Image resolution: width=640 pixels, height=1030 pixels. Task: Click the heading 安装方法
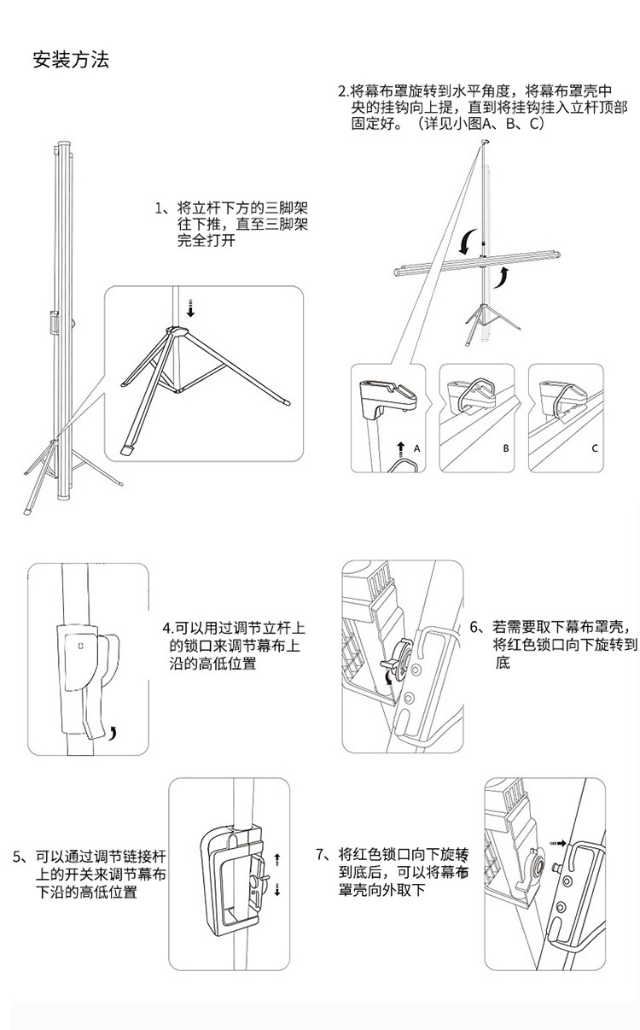(x=71, y=61)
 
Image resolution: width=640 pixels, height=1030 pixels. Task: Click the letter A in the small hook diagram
(x=416, y=448)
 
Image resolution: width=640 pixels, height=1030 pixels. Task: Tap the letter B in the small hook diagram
(x=506, y=448)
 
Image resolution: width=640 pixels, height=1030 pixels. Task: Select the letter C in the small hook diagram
(x=595, y=448)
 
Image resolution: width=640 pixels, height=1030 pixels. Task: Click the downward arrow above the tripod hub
(x=190, y=308)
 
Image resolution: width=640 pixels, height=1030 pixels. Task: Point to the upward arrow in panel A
(x=401, y=449)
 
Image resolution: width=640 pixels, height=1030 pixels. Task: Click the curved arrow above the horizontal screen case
(x=468, y=242)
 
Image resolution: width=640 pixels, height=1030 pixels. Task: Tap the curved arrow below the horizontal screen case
(x=501, y=277)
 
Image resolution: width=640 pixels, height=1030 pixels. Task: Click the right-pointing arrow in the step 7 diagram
(x=558, y=844)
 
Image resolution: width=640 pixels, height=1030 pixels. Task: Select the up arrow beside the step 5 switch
(x=277, y=859)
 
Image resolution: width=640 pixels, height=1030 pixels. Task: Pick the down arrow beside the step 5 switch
(x=277, y=889)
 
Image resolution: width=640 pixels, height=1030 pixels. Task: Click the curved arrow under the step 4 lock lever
(x=113, y=733)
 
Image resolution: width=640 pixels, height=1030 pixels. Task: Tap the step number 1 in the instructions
(x=159, y=208)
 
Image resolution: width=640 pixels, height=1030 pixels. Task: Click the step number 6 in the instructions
(x=474, y=627)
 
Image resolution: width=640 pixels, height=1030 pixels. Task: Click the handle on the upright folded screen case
(x=55, y=322)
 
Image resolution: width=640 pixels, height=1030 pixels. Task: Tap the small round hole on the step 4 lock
(x=81, y=646)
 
